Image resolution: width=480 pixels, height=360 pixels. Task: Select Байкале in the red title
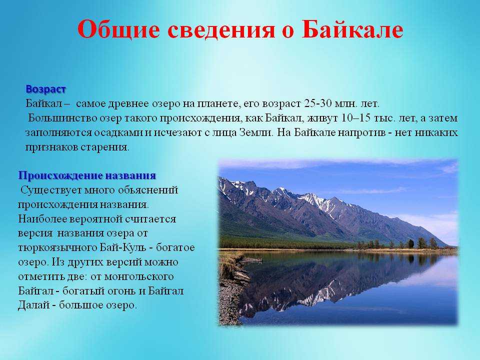click(x=352, y=29)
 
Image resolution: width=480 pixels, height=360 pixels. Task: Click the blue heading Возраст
click(x=45, y=89)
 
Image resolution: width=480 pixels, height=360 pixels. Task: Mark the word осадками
click(x=118, y=133)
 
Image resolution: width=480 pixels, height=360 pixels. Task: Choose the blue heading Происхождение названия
click(x=87, y=175)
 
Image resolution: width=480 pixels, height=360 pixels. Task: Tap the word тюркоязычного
click(x=57, y=248)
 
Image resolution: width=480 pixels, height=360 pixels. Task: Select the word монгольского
click(x=139, y=276)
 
